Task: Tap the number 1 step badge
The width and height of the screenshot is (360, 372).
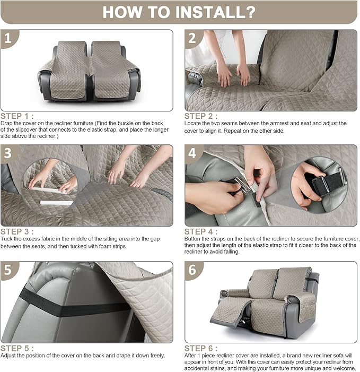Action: coord(8,38)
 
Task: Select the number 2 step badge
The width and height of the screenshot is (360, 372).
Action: coord(192,38)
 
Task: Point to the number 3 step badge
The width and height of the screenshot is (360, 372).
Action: coord(8,153)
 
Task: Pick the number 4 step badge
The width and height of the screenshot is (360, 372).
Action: coord(192,153)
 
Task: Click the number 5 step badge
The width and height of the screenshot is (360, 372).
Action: coord(8,270)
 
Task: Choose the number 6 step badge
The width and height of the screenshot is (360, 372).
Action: coord(192,270)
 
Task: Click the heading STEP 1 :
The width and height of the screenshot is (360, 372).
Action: coord(17,116)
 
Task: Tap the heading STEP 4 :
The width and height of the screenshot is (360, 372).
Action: coord(201,231)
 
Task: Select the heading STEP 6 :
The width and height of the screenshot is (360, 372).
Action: coord(201,348)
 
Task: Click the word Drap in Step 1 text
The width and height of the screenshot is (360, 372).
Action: coord(6,124)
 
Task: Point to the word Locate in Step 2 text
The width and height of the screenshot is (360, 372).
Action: coord(192,123)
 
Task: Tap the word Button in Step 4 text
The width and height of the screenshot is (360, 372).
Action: coord(192,239)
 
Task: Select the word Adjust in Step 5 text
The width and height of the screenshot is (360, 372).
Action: coord(7,356)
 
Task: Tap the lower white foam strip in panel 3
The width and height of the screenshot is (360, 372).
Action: coord(57,203)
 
